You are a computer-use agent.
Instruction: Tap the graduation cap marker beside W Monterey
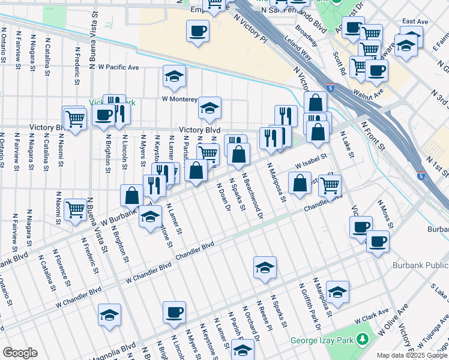[174, 76]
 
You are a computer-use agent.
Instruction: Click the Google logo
[20, 353]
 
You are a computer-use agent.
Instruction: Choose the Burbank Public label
[420, 265]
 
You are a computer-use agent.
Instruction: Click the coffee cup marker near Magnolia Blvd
[174, 312]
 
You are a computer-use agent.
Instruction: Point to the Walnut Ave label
[369, 94]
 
